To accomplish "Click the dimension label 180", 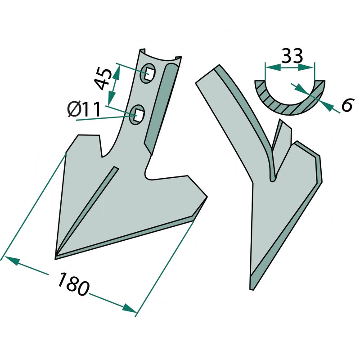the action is coord(73,284).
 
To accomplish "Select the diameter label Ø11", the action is coord(84,109).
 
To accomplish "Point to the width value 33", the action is coord(292,56).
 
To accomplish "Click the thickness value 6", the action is coord(346,104).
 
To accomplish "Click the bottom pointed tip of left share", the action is coord(55,259).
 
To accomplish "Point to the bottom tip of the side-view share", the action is coord(252,289).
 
